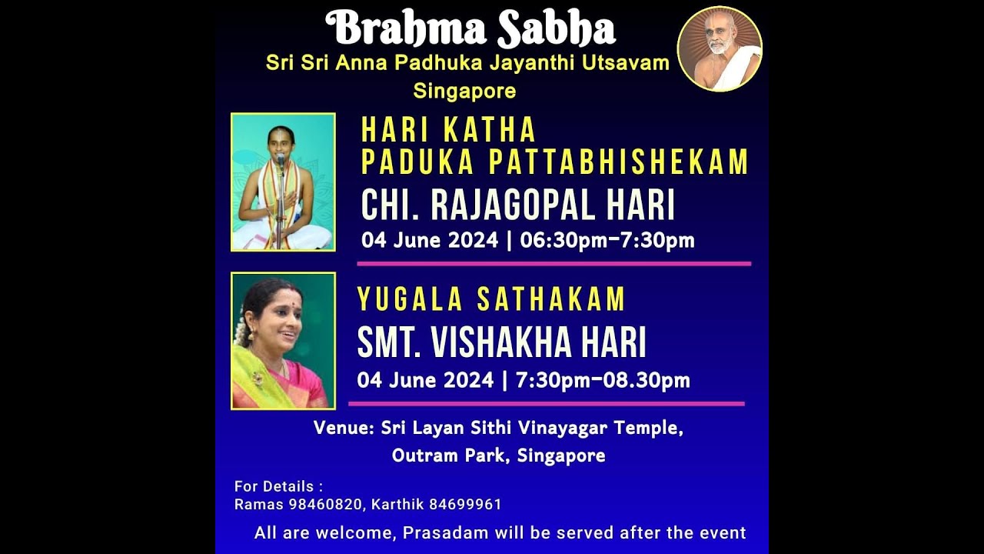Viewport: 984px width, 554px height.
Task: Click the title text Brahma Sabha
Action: pos(470,29)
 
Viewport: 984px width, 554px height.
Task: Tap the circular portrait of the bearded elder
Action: pos(720,48)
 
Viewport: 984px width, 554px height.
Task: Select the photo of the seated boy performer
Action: pos(283,182)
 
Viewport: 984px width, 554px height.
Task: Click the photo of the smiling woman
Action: pos(283,341)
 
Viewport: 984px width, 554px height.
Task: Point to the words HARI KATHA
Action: pos(448,130)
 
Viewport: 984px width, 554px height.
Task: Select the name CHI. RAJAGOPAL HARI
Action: pos(517,205)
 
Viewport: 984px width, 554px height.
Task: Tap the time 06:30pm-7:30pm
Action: pos(607,241)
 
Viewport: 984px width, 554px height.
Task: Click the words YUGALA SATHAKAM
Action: pos(491,299)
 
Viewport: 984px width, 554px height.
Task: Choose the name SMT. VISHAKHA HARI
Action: pos(501,343)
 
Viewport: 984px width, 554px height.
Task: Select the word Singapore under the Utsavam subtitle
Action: pos(464,91)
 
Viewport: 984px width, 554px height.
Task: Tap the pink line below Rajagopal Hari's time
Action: pos(553,263)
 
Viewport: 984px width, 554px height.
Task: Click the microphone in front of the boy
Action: pos(280,159)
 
